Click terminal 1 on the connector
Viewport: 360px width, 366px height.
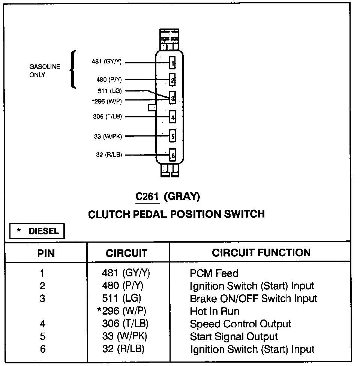click(x=172, y=63)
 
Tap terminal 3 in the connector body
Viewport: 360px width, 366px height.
click(x=172, y=97)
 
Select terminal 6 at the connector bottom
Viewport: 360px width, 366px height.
click(x=172, y=155)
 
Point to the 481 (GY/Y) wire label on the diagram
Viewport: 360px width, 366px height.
click(x=106, y=61)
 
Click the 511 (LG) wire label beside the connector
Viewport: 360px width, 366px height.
click(x=110, y=91)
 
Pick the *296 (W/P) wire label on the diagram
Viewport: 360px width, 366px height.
click(x=107, y=101)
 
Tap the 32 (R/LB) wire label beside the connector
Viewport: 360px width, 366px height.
click(x=109, y=155)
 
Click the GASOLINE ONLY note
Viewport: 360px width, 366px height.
click(x=45, y=71)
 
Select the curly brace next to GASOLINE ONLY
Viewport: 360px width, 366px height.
click(x=73, y=69)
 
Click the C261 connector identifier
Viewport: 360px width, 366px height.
click(x=147, y=196)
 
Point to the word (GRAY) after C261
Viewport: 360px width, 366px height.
click(x=182, y=196)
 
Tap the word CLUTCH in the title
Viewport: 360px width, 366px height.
click(x=109, y=214)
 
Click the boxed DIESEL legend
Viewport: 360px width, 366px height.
click(x=37, y=231)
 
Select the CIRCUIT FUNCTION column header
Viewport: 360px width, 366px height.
click(x=261, y=252)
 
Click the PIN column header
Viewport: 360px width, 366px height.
click(x=46, y=253)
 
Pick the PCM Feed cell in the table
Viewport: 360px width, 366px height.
click(x=214, y=273)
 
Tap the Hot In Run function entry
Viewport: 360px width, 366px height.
click(x=214, y=311)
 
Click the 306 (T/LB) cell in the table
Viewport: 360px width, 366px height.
click(x=125, y=324)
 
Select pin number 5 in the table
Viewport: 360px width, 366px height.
click(x=42, y=336)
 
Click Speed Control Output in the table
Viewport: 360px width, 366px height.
click(x=240, y=324)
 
